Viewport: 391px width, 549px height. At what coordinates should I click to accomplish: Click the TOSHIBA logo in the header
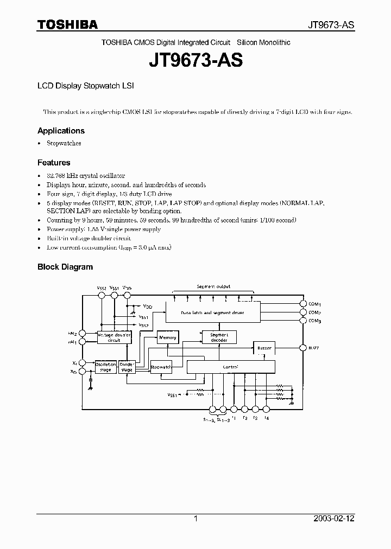[x=67, y=24]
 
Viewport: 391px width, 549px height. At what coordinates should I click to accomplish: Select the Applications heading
[x=61, y=131]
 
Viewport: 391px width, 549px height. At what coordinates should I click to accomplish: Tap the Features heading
[x=54, y=163]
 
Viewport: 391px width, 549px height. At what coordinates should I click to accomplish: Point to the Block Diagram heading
[x=65, y=267]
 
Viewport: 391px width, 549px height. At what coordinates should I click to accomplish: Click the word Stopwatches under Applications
[x=64, y=144]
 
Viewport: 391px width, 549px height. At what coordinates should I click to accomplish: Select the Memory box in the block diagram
[x=168, y=337]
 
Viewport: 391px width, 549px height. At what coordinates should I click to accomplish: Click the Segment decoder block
[x=219, y=337]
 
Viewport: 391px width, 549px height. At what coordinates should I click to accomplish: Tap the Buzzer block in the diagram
[x=264, y=347]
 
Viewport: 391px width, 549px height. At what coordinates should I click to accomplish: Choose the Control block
[x=231, y=367]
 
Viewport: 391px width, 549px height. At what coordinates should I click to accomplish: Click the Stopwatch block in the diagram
[x=161, y=367]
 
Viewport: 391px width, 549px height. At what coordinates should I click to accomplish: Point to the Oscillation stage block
[x=105, y=367]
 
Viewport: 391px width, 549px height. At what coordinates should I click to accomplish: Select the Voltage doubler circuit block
[x=114, y=338]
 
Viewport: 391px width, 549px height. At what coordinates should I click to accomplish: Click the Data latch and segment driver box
[x=212, y=313]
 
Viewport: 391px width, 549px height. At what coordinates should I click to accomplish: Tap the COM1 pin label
[x=315, y=304]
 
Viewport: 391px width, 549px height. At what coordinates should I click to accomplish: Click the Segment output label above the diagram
[x=213, y=286]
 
